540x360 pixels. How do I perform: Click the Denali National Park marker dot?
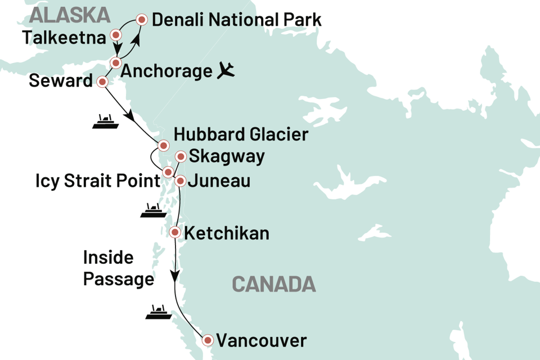[142, 20]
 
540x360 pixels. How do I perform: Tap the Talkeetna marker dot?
[116, 35]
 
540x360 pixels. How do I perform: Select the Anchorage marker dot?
[115, 62]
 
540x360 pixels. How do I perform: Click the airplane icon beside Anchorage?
[226, 71]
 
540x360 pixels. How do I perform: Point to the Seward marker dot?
[102, 82]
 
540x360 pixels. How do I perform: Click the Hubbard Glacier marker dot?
[163, 145]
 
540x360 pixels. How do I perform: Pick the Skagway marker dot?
[181, 156]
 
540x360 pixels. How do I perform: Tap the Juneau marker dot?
[180, 181]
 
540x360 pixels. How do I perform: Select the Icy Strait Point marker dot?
[167, 172]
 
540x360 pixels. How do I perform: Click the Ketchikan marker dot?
[175, 232]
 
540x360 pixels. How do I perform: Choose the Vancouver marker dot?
[208, 340]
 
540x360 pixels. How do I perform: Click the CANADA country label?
[274, 285]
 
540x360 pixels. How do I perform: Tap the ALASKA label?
[62, 14]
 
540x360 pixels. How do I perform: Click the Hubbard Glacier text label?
[241, 135]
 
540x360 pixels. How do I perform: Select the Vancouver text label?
[262, 340]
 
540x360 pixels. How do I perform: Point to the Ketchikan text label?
[227, 233]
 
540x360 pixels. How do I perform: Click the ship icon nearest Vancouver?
[156, 312]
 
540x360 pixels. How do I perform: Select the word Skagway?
[227, 156]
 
